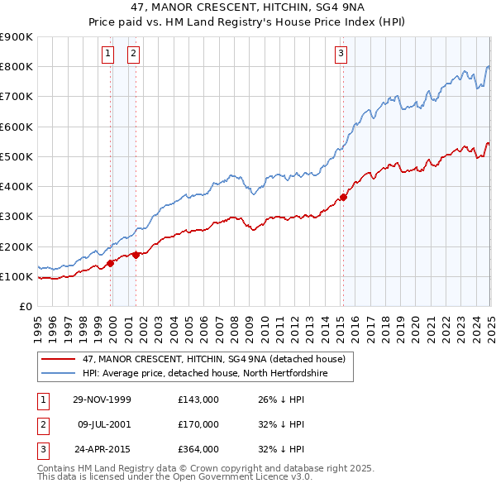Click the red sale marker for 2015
(343, 197)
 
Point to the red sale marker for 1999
(111, 263)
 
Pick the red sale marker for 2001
(135, 256)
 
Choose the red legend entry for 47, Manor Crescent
(207, 359)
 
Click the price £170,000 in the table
(198, 424)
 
